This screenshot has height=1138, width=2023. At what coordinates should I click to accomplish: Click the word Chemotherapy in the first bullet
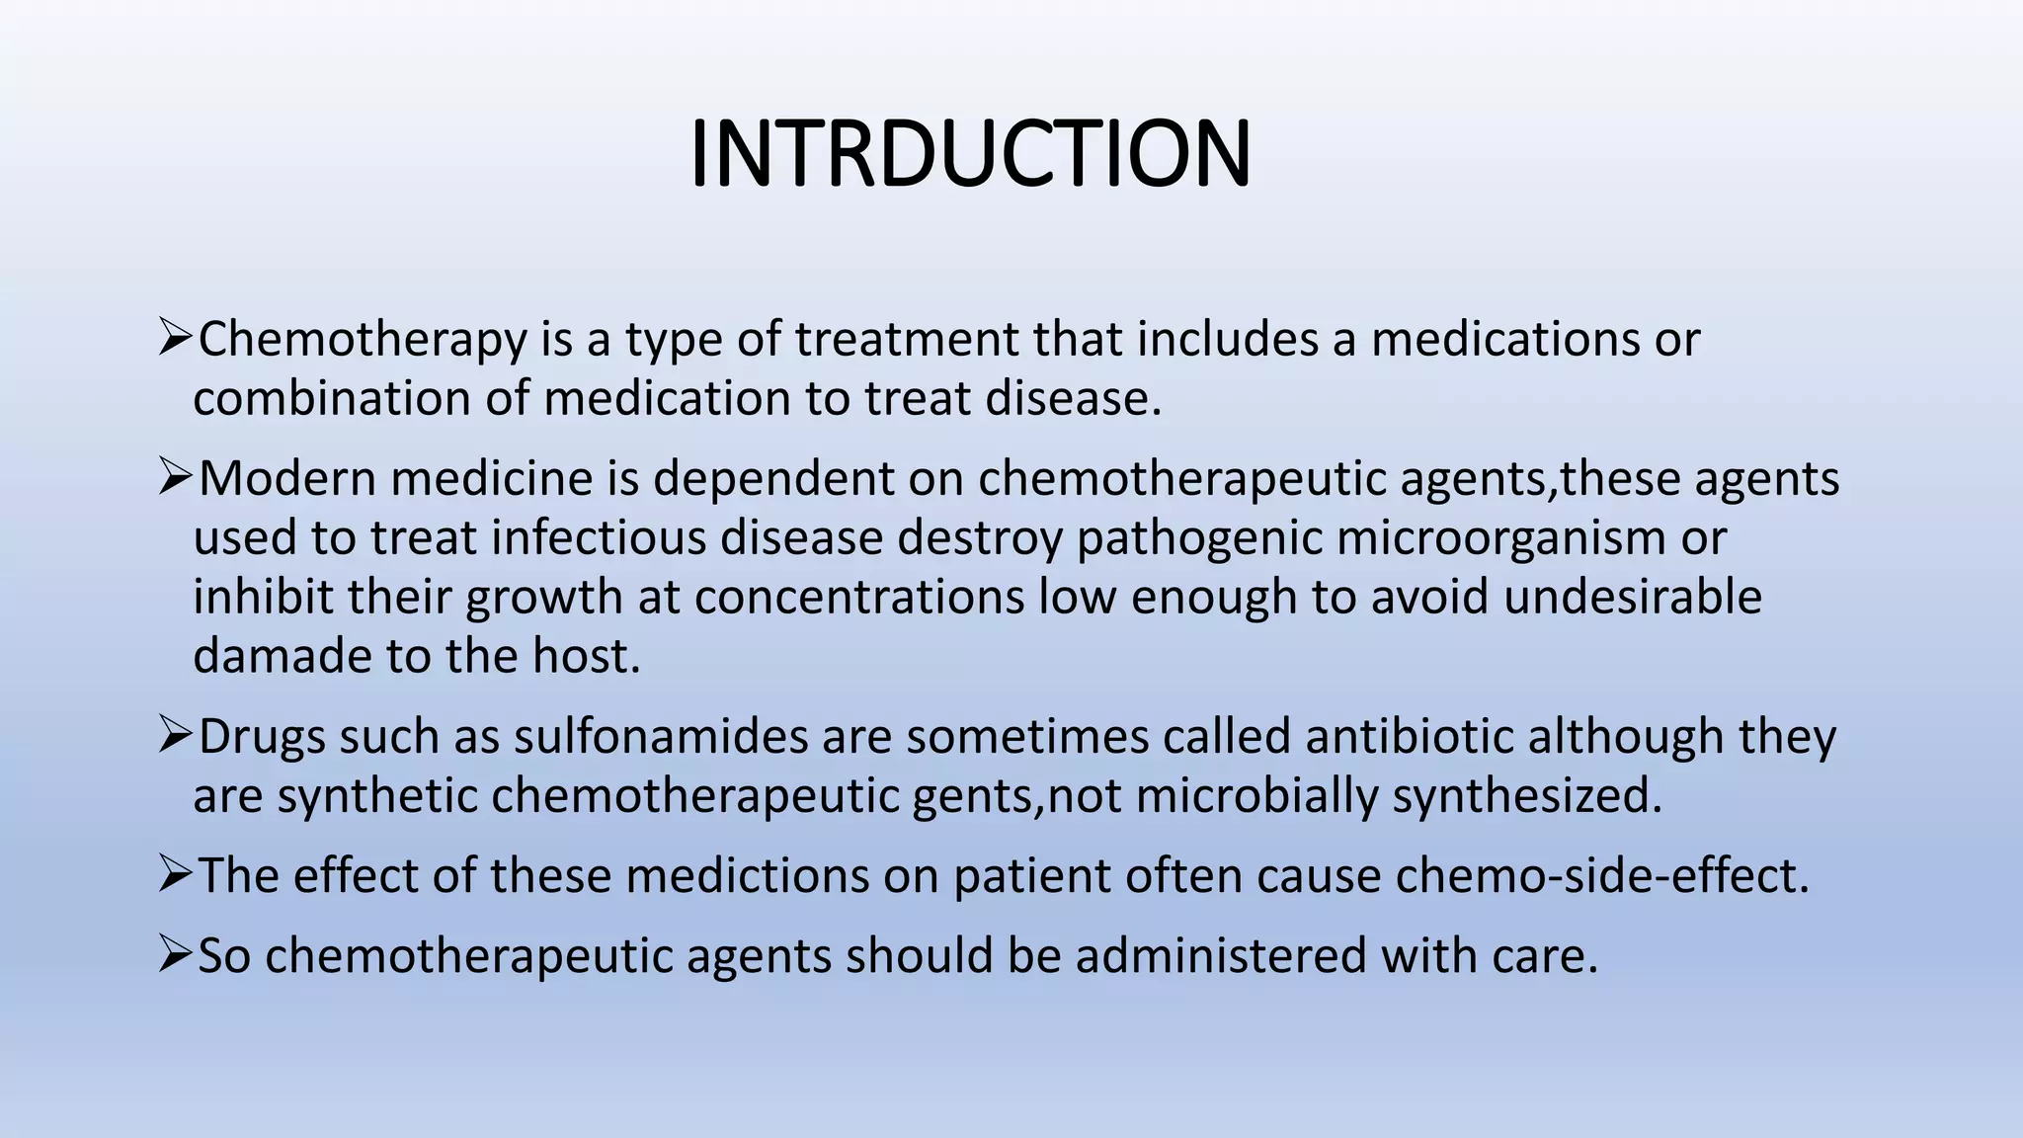tap(363, 341)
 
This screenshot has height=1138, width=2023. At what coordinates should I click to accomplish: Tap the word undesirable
tap(1633, 598)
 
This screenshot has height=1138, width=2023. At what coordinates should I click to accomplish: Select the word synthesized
tap(1527, 796)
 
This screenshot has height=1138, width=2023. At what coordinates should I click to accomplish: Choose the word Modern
tap(287, 479)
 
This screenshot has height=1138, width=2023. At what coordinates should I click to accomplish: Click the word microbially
tap(1256, 796)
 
